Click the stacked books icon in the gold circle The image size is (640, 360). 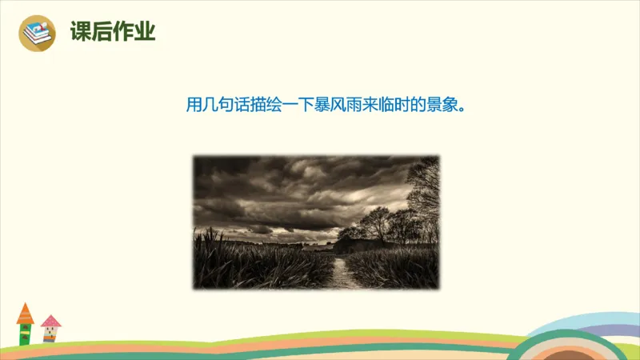pyautogui.click(x=36, y=33)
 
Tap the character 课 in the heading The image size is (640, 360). pyautogui.click(x=81, y=32)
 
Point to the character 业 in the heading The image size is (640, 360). pyautogui.click(x=145, y=32)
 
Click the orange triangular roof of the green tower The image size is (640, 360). pyautogui.click(x=25, y=313)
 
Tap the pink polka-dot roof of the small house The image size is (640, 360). pyautogui.click(x=50, y=322)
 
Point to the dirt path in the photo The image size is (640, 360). pyautogui.click(x=343, y=272)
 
